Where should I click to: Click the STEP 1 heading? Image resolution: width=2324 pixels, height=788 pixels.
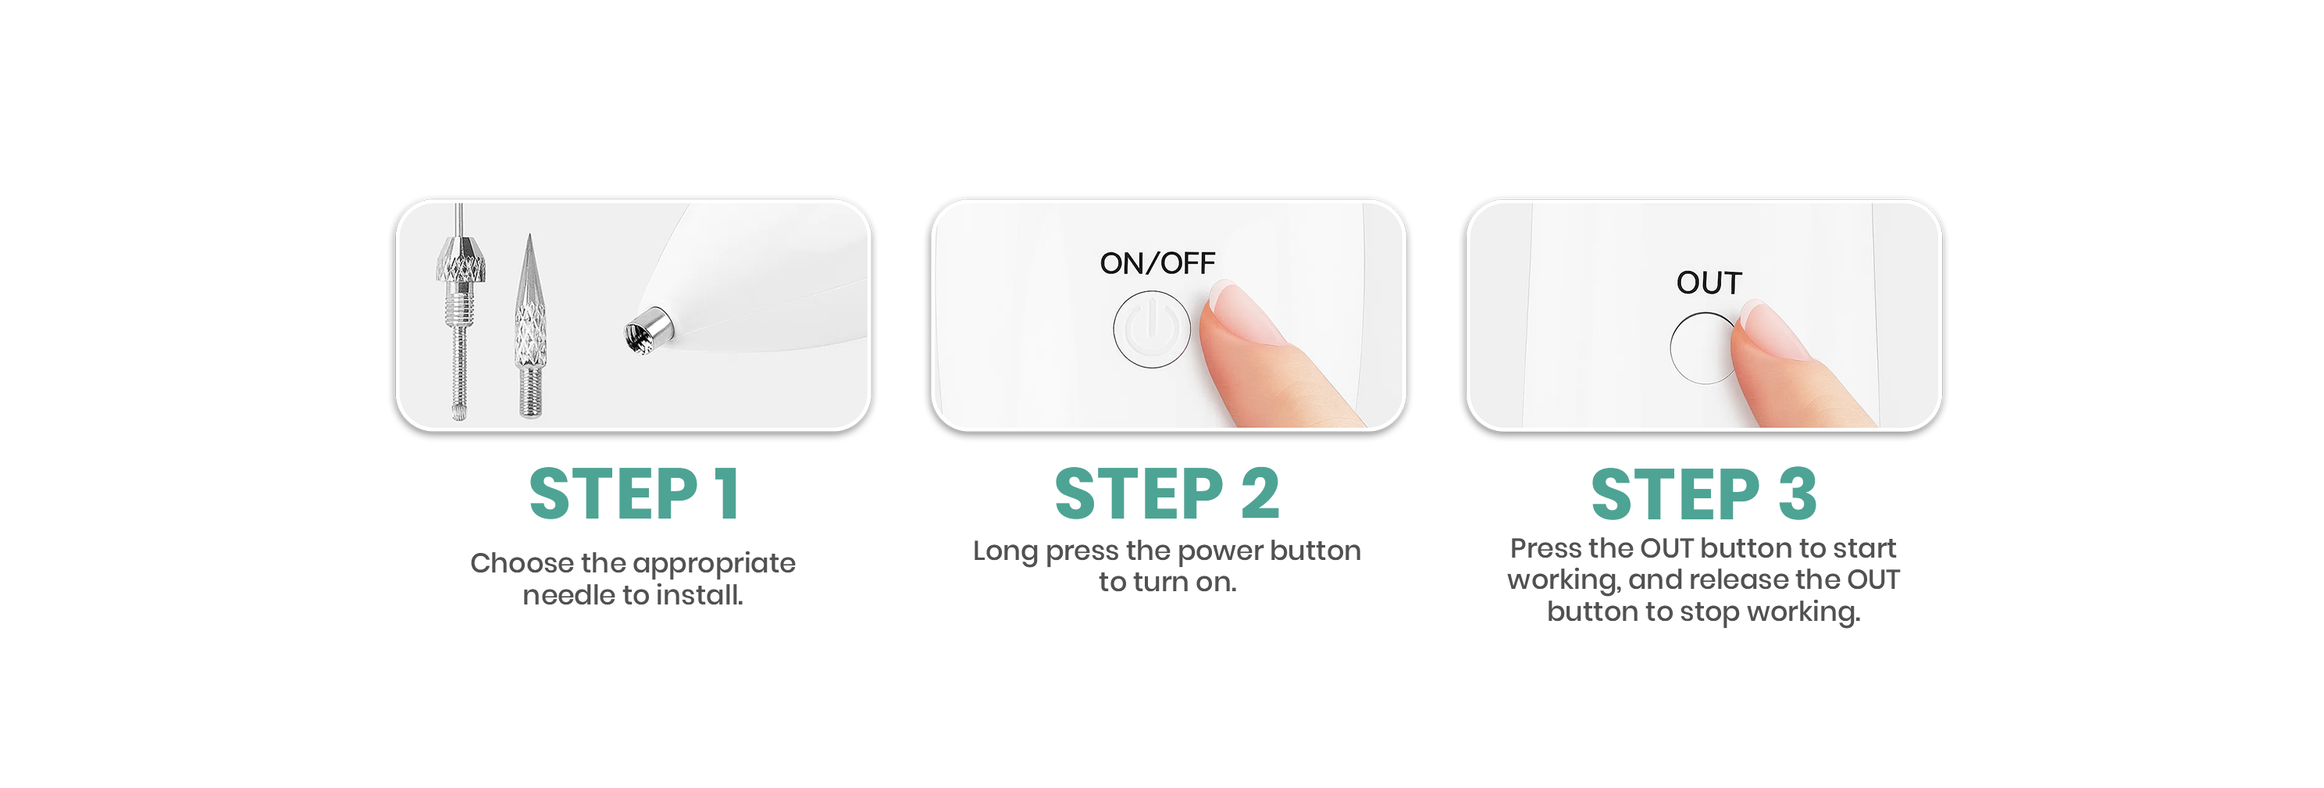point(634,494)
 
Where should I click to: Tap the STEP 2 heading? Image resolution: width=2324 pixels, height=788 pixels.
point(1167,494)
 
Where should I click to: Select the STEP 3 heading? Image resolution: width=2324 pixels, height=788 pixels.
point(1703,494)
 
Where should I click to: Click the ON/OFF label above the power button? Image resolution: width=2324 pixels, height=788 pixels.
point(1157,262)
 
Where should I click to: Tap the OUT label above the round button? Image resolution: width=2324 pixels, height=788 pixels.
point(1709,283)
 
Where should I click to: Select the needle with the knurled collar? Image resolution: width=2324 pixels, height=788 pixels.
point(460,312)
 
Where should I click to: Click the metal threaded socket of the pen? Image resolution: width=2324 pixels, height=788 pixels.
point(647,330)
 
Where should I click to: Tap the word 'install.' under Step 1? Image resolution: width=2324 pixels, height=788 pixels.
point(699,595)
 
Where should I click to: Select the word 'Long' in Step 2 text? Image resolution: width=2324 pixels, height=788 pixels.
point(1005,551)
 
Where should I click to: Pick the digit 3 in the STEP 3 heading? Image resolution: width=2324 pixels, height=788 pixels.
point(1797,494)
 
